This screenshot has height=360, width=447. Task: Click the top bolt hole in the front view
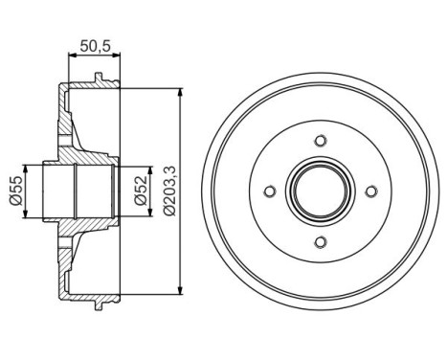coord(321,138)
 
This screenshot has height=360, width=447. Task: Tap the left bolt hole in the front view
coord(270,190)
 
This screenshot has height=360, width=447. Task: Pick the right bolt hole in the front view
coord(372,190)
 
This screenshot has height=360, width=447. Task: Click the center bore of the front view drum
coord(321,190)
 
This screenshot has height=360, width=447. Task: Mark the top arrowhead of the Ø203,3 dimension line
coord(180,88)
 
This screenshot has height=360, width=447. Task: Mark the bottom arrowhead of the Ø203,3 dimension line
coord(180,293)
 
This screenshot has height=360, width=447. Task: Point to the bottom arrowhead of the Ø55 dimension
coord(26,216)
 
